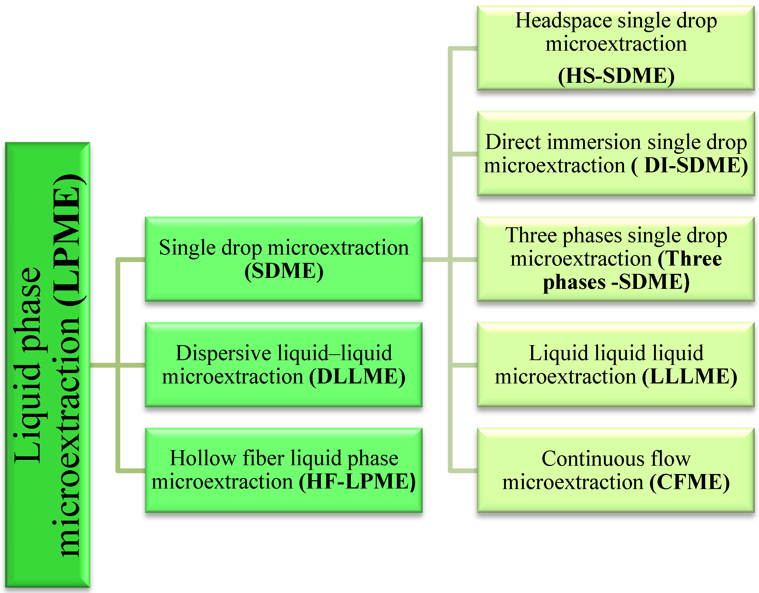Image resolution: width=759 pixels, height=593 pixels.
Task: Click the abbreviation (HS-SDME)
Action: tap(616, 76)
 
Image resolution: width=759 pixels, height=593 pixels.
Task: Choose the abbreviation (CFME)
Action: tap(689, 482)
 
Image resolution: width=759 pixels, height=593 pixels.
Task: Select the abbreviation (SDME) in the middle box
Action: tap(284, 271)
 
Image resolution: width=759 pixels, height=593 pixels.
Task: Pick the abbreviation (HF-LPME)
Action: tap(357, 482)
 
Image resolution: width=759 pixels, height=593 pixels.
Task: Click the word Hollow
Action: tap(203, 458)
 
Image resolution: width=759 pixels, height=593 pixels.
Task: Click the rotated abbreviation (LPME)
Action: tap(68, 240)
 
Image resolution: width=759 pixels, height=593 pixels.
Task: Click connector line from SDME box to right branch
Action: tap(435, 259)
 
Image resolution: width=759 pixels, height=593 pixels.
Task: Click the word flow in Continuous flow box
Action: tap(670, 459)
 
